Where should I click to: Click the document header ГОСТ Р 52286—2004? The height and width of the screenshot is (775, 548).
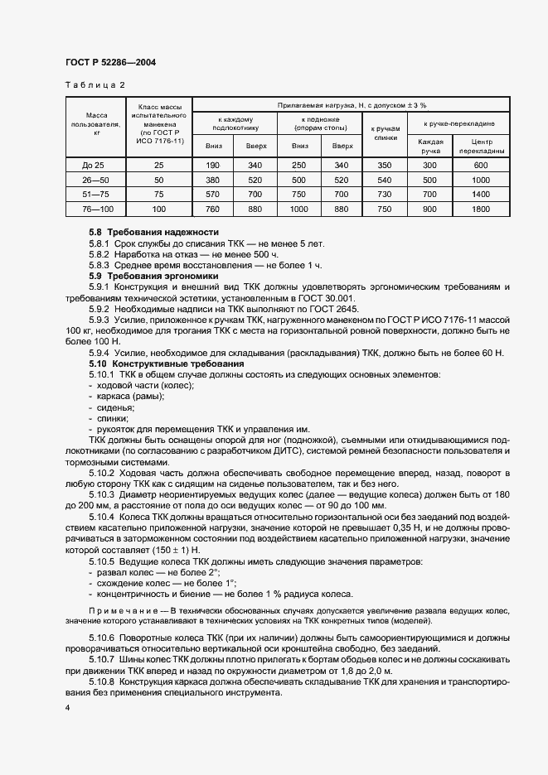click(x=110, y=63)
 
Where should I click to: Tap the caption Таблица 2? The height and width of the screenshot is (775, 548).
click(x=95, y=84)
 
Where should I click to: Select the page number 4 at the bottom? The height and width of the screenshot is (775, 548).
click(x=67, y=709)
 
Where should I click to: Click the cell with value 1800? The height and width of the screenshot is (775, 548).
click(x=481, y=209)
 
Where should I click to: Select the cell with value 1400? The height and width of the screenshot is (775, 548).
click(x=481, y=194)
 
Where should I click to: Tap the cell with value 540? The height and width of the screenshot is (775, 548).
click(x=384, y=180)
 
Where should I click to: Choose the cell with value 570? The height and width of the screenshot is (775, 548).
click(x=213, y=194)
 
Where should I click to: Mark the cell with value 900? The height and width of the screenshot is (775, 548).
click(x=429, y=209)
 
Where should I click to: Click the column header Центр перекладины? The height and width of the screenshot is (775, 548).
click(x=481, y=147)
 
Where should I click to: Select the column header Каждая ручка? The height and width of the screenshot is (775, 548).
click(x=429, y=147)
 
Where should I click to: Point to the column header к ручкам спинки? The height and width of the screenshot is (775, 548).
click(x=384, y=134)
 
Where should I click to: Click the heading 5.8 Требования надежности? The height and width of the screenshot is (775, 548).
click(x=153, y=233)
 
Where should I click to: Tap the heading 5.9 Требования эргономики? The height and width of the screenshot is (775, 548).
click(x=153, y=275)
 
